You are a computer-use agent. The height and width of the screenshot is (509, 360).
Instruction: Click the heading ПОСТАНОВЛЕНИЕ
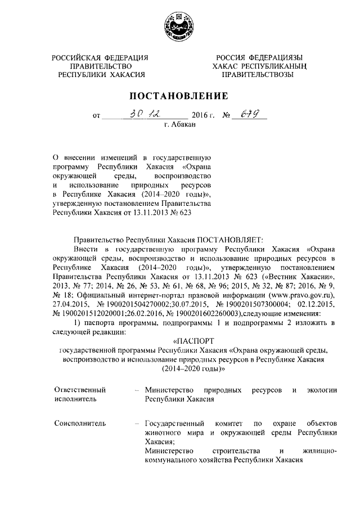pos(179,95)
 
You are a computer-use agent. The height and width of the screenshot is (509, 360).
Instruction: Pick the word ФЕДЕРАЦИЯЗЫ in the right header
pos(276,57)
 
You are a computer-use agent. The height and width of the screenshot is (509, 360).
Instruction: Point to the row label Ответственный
pos(79,390)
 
